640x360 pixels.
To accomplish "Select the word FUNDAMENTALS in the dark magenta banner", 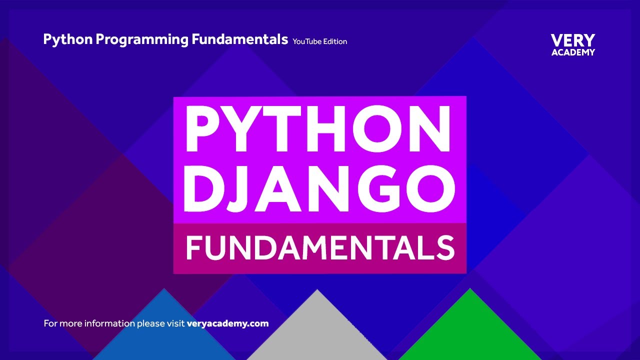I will (x=320, y=248).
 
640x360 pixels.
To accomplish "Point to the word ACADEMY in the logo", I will (x=573, y=52).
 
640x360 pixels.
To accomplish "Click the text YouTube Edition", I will (x=320, y=41).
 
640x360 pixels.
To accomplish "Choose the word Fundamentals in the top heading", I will (x=240, y=39).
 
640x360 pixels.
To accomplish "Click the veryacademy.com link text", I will (x=227, y=323).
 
